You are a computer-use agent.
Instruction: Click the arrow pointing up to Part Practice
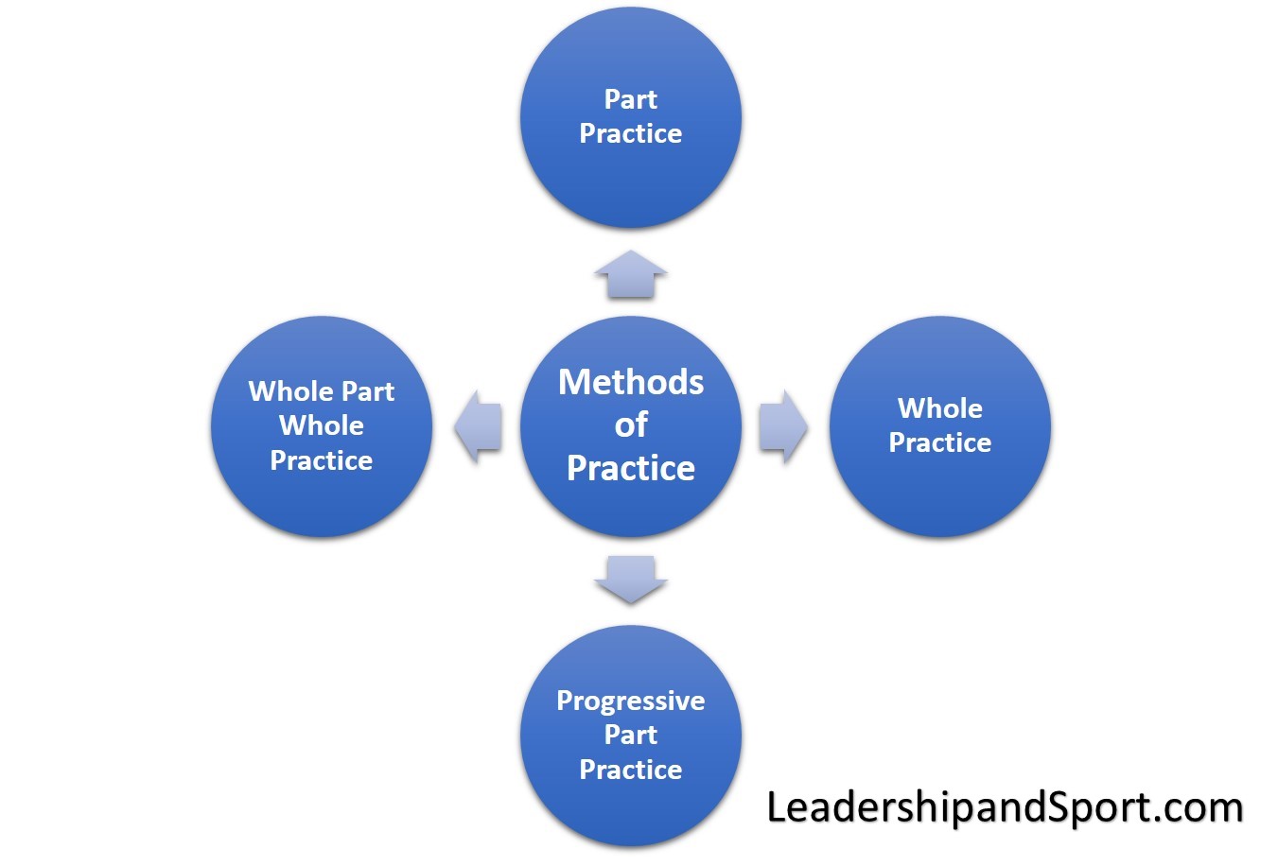(630, 275)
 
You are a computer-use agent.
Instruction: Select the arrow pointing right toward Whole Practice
(783, 426)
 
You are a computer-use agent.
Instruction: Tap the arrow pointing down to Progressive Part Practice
(630, 579)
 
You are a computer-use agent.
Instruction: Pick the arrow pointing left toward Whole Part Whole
(478, 426)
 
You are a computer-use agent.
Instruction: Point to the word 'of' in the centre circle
(631, 424)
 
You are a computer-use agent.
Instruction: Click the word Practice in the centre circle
(630, 468)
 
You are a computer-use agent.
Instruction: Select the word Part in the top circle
(630, 99)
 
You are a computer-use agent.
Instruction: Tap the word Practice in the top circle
(630, 133)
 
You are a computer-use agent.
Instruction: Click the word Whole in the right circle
(939, 408)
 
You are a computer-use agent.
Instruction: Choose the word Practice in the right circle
(939, 442)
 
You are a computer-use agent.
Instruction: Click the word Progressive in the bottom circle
(630, 701)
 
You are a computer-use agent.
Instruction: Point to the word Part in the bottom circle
(630, 735)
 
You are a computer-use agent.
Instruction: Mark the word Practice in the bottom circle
(630, 769)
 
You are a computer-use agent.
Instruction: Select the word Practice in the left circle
(322, 460)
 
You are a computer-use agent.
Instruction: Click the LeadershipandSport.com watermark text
(1005, 807)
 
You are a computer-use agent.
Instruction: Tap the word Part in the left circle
(368, 391)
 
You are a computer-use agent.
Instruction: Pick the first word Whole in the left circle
(291, 391)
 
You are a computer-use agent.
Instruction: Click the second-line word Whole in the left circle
(322, 425)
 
